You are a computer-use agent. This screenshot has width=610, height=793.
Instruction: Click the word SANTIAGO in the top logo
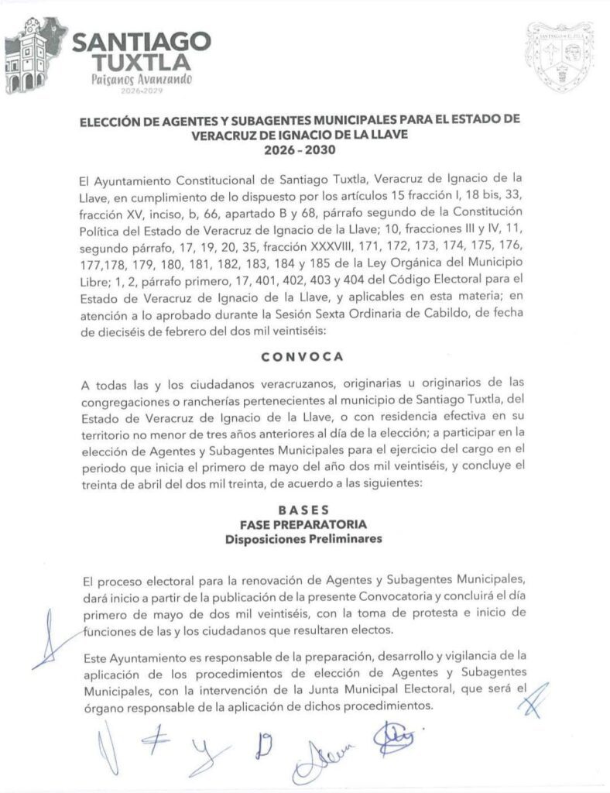[141, 39]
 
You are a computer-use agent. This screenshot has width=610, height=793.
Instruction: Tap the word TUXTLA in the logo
[141, 60]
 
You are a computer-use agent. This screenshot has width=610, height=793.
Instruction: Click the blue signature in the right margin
[533, 700]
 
